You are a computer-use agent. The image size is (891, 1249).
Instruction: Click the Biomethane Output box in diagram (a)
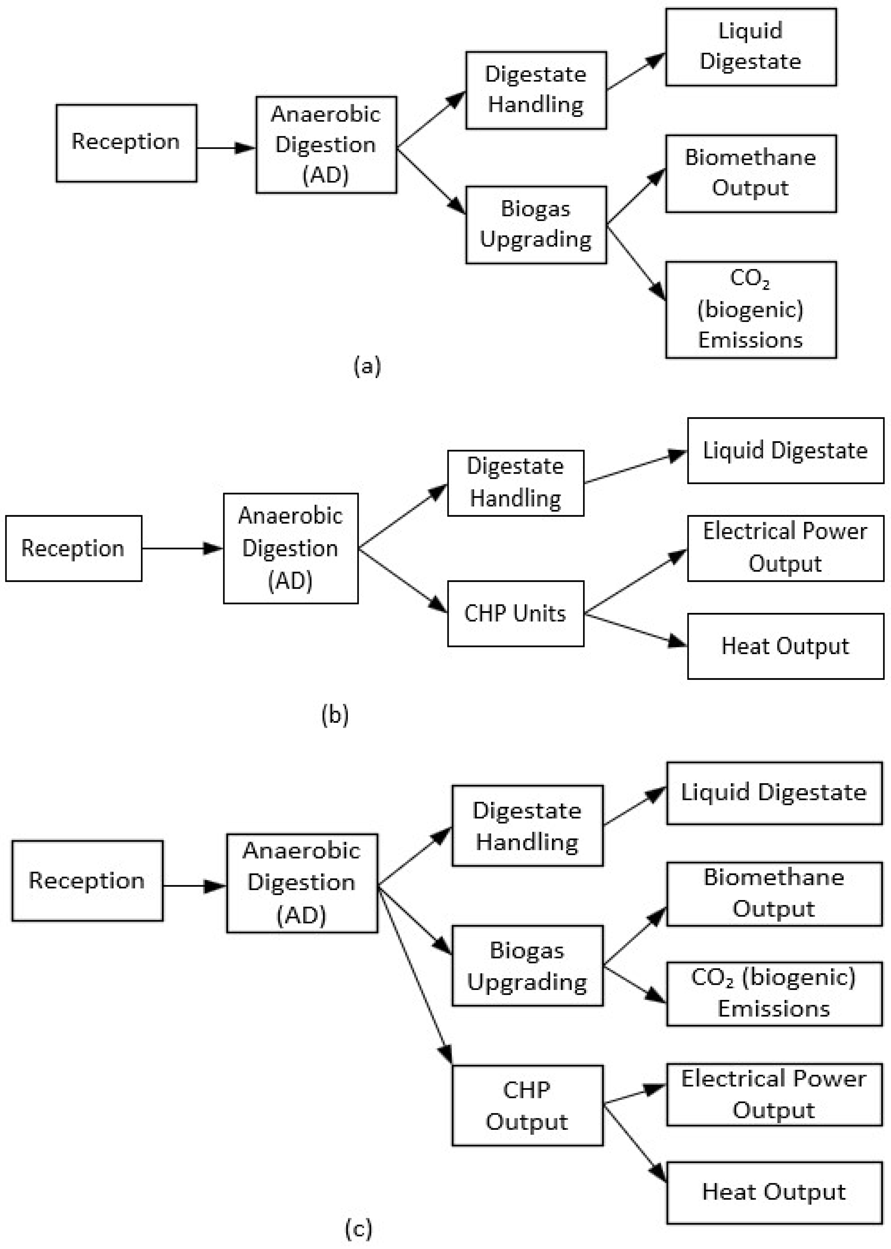pyautogui.click(x=751, y=173)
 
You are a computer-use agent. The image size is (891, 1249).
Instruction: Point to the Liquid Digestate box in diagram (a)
pyautogui.click(x=751, y=47)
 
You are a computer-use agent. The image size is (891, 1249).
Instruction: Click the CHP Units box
pyautogui.click(x=515, y=613)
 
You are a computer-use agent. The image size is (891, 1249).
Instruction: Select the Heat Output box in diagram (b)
pyautogui.click(x=785, y=646)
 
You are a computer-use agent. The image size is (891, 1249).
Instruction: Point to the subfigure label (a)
pyautogui.click(x=367, y=366)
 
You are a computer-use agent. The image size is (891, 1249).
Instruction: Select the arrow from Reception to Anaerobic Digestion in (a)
pyautogui.click(x=225, y=147)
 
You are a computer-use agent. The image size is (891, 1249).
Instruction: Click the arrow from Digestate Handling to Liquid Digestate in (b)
pyautogui.click(x=635, y=468)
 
